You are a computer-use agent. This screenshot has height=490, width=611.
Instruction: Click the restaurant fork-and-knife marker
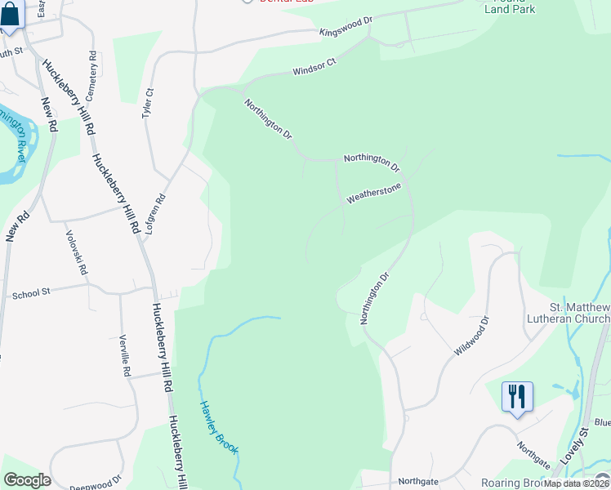[x=517, y=397]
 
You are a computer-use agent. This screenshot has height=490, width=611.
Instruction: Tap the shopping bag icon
[x=11, y=14]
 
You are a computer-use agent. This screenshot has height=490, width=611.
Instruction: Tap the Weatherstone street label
[x=374, y=194]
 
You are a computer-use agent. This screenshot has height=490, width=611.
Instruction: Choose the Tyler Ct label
[x=148, y=105]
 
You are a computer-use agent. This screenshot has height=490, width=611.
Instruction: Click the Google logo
[x=27, y=480]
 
